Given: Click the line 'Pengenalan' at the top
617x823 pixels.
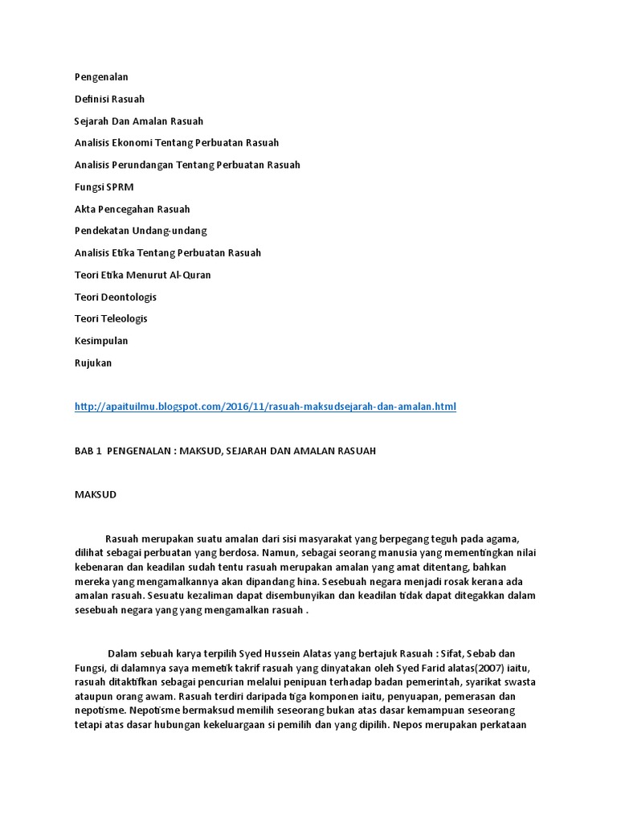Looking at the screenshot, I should pyautogui.click(x=101, y=77).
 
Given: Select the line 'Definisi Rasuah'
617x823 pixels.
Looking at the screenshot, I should pyautogui.click(x=109, y=99).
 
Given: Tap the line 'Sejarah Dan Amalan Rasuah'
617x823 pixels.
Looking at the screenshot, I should pyautogui.click(x=139, y=121).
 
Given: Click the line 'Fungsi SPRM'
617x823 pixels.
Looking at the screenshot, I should pyautogui.click(x=104, y=187).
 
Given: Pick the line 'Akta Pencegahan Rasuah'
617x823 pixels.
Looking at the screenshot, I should pyautogui.click(x=132, y=209).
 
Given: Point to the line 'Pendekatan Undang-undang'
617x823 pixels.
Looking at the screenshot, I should pyautogui.click(x=141, y=231).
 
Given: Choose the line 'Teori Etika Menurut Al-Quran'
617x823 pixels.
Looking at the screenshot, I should pyautogui.click(x=142, y=275).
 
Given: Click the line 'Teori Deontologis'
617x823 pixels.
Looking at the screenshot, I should pyautogui.click(x=115, y=297).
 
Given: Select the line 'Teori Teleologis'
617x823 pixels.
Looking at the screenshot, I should pyautogui.click(x=111, y=318).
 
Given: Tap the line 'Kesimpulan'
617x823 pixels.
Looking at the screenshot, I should pyautogui.click(x=101, y=341).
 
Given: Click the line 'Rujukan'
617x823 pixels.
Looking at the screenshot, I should pyautogui.click(x=93, y=362).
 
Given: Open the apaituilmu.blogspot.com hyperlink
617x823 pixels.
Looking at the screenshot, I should pyautogui.click(x=265, y=407).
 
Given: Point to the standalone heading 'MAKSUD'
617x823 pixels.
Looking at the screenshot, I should pyautogui.click(x=96, y=494).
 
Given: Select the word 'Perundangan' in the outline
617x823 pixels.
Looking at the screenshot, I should pyautogui.click(x=145, y=165).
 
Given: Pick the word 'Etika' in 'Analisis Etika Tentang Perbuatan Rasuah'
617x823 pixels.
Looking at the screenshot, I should pyautogui.click(x=125, y=252).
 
